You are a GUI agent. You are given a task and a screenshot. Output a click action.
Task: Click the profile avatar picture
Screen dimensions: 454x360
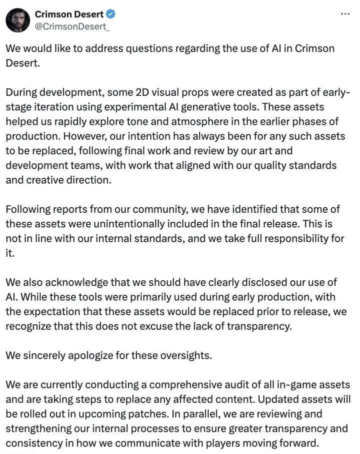18,20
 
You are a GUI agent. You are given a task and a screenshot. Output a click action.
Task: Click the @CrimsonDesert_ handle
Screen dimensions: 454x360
71,26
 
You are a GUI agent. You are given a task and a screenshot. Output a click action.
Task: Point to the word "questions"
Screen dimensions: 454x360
146,49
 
